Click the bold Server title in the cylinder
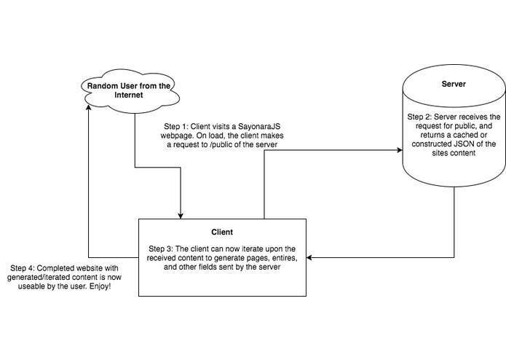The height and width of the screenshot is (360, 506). click(454, 84)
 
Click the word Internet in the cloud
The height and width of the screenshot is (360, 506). click(129, 95)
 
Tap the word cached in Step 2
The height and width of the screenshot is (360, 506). click(464, 135)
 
